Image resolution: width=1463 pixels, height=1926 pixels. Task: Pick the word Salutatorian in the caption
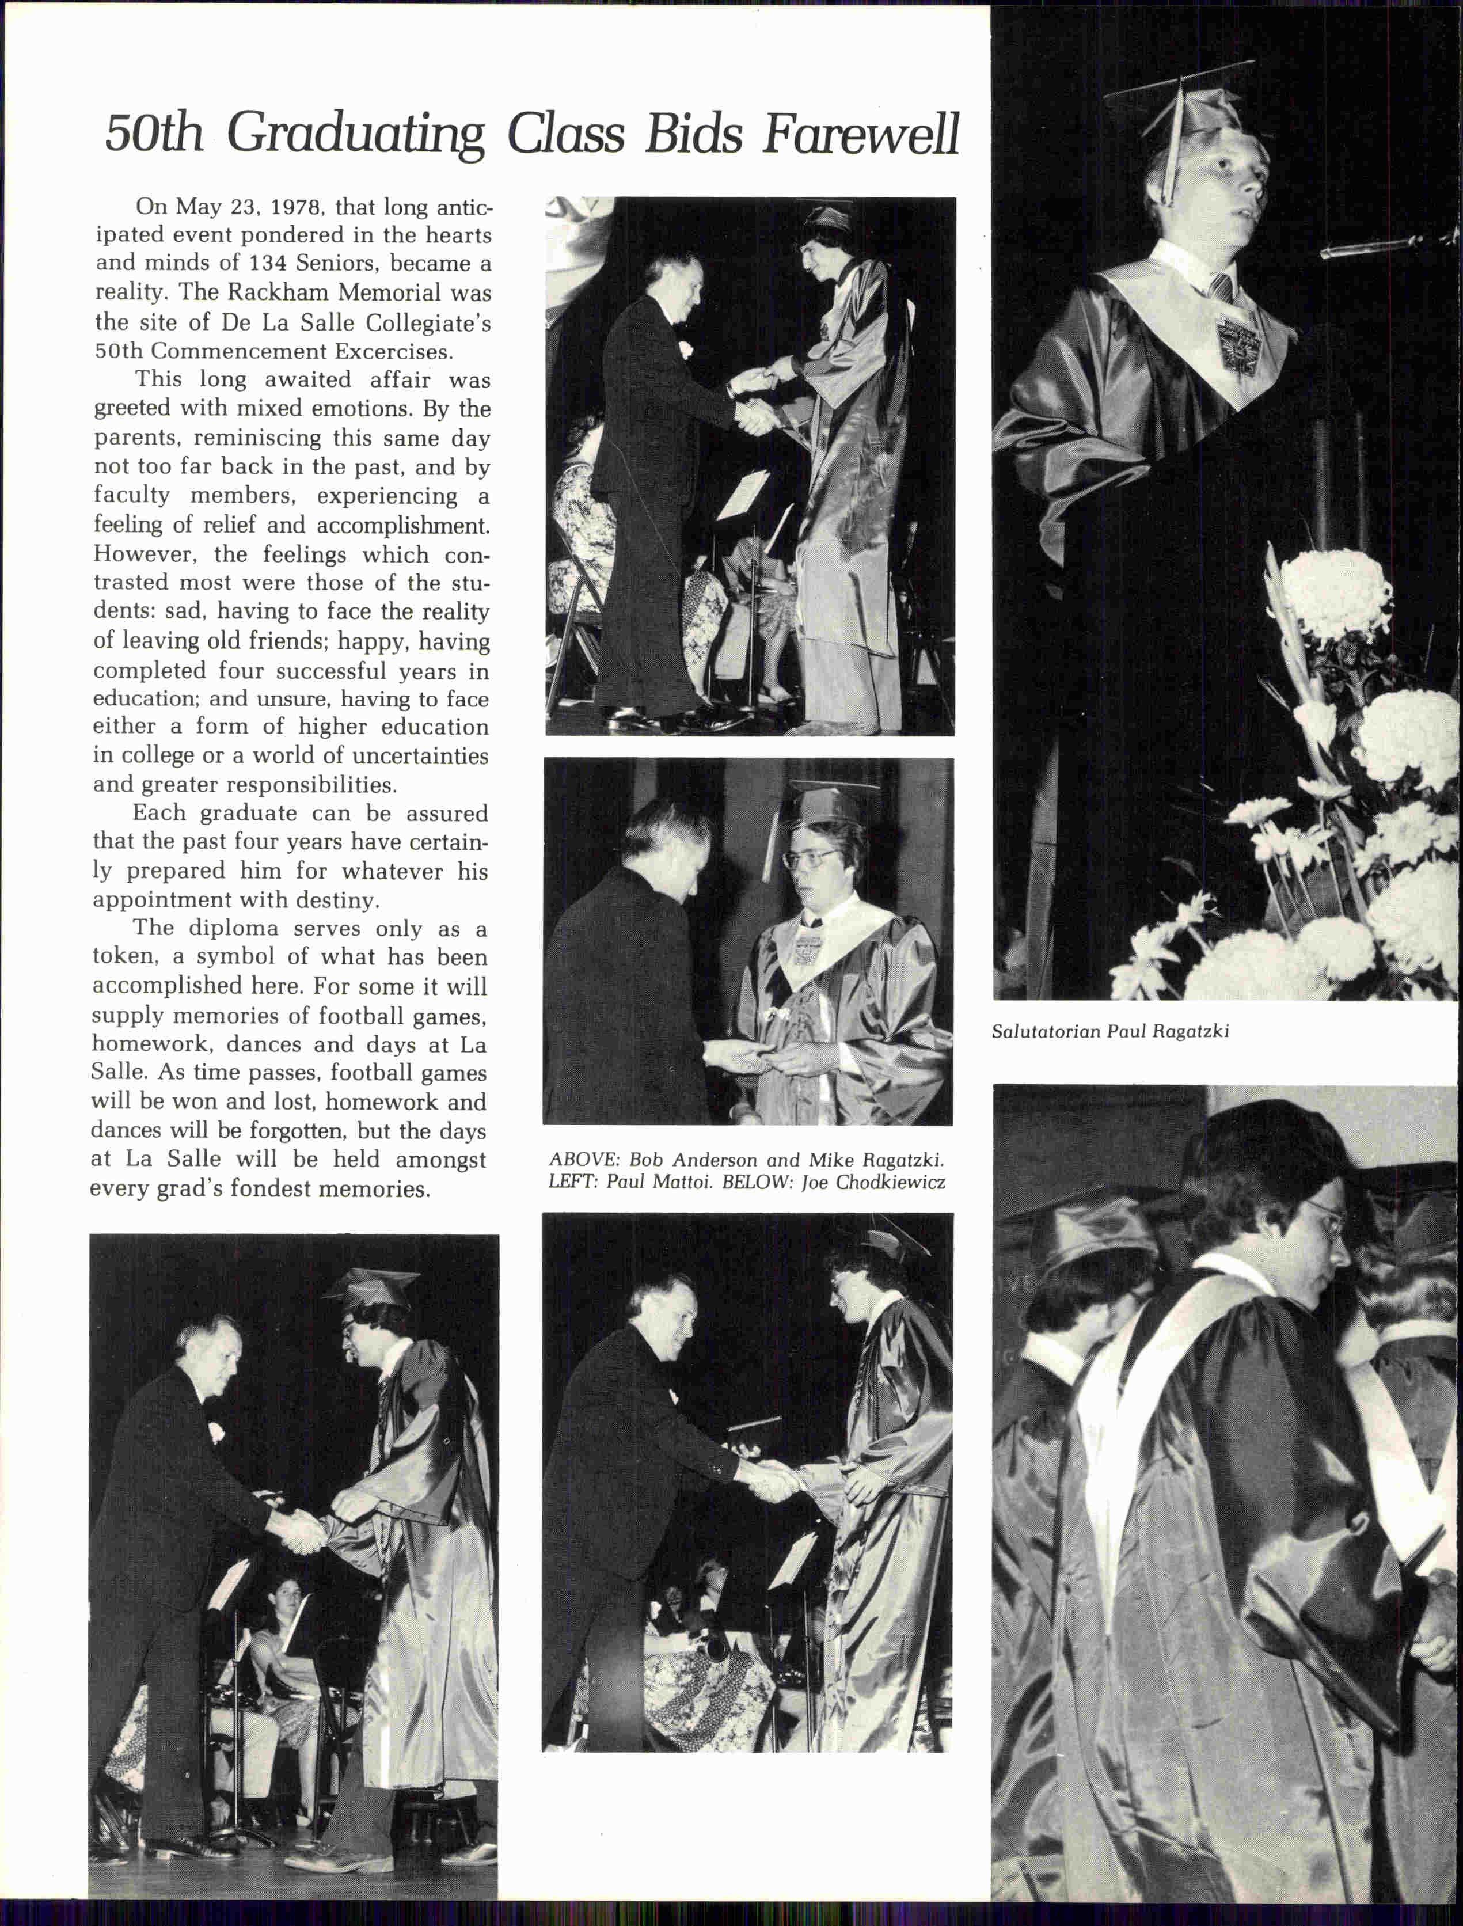point(1045,1032)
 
